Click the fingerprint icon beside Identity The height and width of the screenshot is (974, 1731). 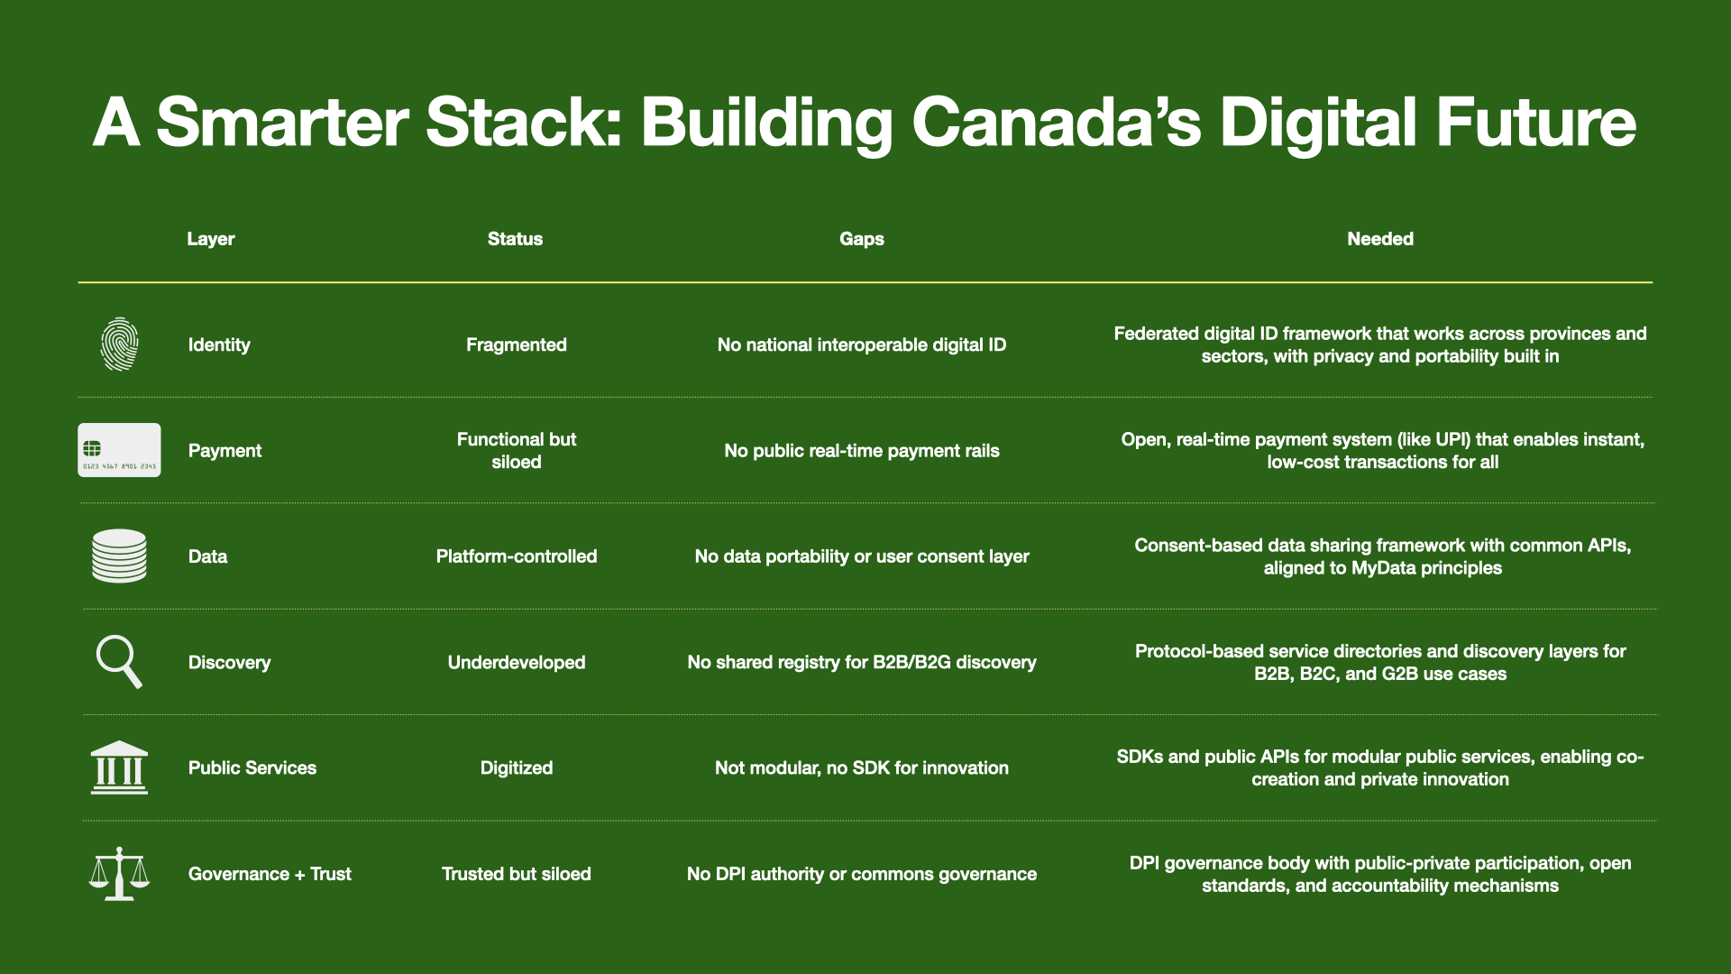[x=119, y=345]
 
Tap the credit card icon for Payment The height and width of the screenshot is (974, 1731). [x=119, y=450]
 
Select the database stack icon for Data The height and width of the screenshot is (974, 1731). [x=119, y=556]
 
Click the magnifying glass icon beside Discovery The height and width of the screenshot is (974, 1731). [x=119, y=662]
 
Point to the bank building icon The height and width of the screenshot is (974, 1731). [x=119, y=767]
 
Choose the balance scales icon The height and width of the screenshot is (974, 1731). [x=119, y=873]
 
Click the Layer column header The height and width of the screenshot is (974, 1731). [x=210, y=239]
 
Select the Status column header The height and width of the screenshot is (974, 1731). [x=515, y=239]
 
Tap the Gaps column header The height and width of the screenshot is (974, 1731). [x=861, y=239]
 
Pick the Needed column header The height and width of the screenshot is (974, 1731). [x=1379, y=239]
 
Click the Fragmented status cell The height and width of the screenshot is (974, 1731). [x=516, y=345]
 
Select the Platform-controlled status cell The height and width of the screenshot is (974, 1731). [x=516, y=556]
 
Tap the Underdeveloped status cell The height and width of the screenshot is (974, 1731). [x=516, y=662]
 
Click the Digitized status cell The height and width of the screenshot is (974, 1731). [x=516, y=767]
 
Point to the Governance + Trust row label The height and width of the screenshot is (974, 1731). [x=270, y=874]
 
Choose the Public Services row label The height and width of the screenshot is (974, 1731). [x=252, y=767]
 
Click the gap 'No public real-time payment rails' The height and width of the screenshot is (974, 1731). [x=861, y=451]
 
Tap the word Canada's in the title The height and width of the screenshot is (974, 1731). [x=1056, y=123]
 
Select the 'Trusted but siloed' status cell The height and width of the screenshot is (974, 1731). [x=516, y=874]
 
